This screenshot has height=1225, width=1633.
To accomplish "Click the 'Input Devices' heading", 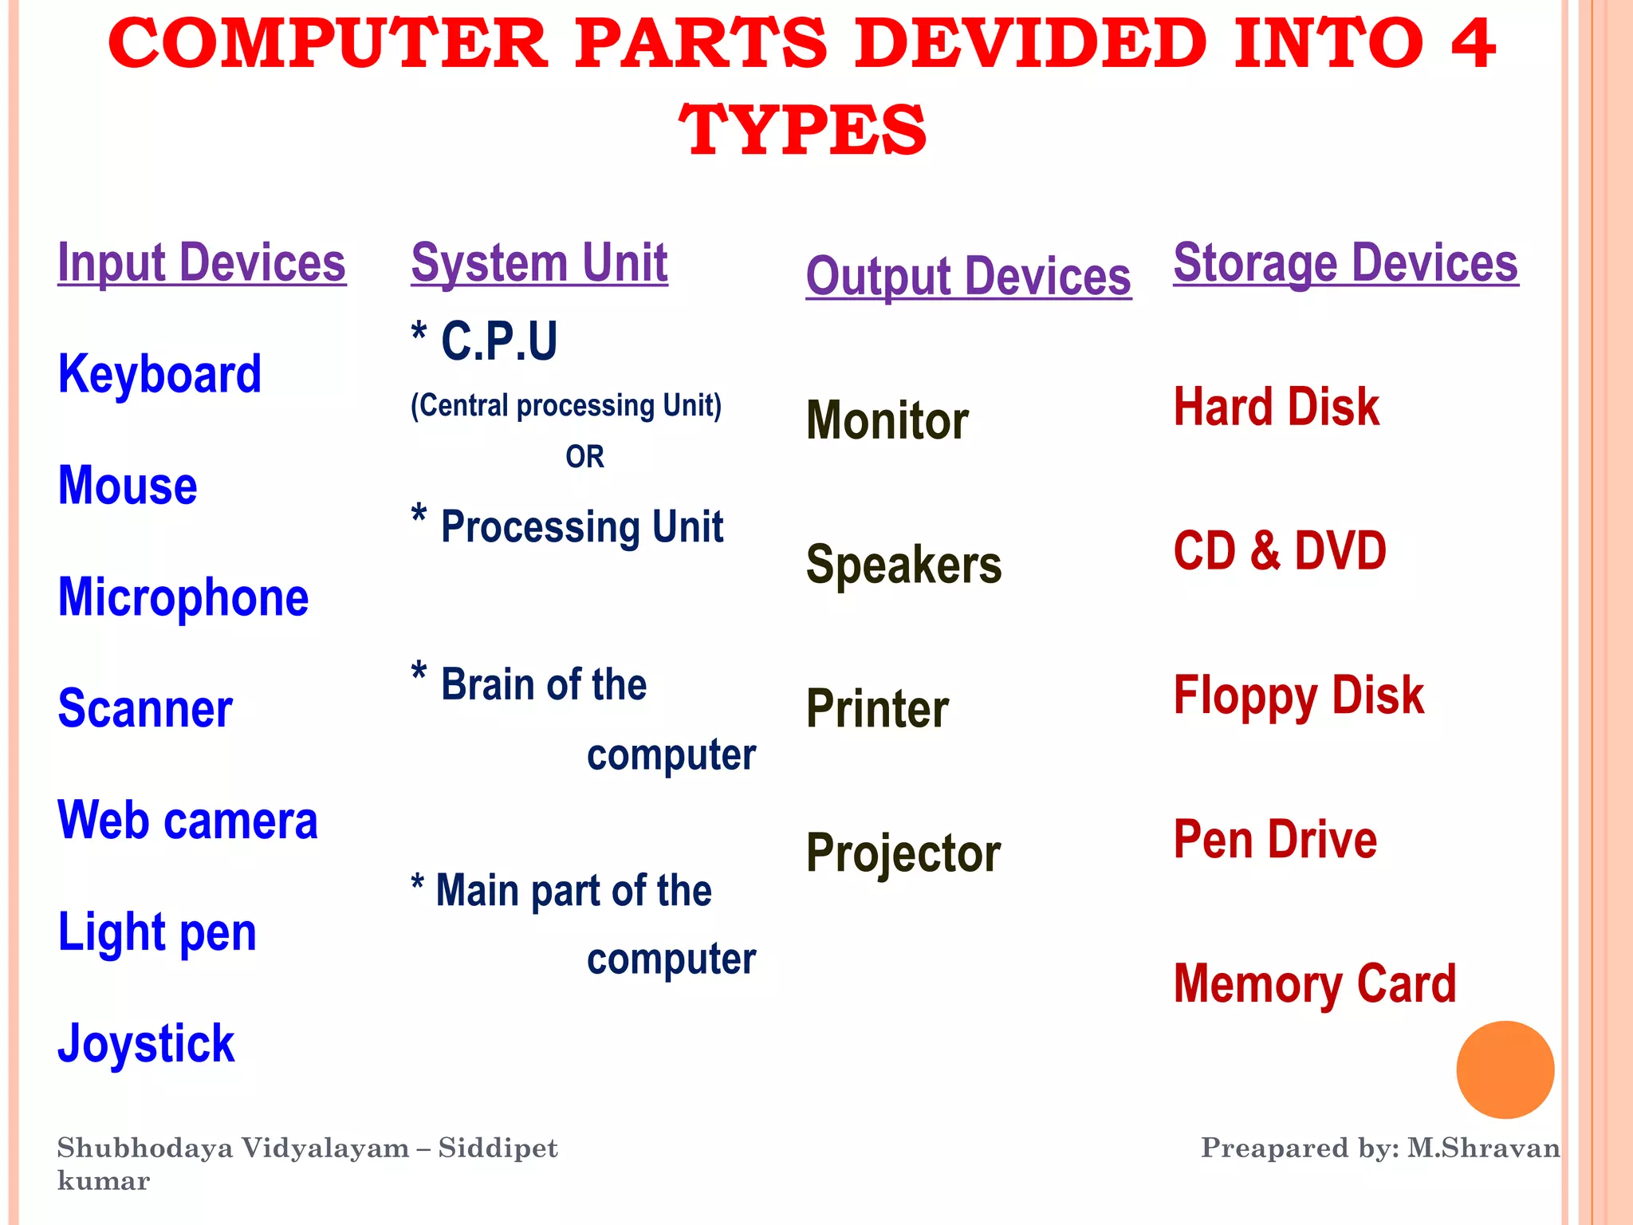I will pyautogui.click(x=202, y=263).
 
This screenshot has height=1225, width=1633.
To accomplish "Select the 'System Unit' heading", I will pyautogui.click(x=539, y=263).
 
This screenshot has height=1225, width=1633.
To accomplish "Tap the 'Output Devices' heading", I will pyautogui.click(x=968, y=277).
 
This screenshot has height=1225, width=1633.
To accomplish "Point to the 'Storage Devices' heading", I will pyautogui.click(x=1346, y=263).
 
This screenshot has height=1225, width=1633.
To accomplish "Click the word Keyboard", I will pyautogui.click(x=159, y=374).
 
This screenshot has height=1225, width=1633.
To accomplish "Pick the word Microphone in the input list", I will pyautogui.click(x=183, y=597).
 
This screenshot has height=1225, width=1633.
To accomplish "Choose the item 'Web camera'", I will pyautogui.click(x=187, y=821).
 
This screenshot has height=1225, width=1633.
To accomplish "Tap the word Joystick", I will pyautogui.click(x=146, y=1044).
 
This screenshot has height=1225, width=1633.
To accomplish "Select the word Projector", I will pyautogui.click(x=903, y=853).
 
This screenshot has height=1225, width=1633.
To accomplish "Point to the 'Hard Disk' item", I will pyautogui.click(x=1276, y=408).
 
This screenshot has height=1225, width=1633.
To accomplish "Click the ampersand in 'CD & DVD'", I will pyautogui.click(x=1265, y=551).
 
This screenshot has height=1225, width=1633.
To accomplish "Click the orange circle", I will pyautogui.click(x=1505, y=1069).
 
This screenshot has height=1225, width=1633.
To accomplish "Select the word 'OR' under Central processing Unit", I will pyautogui.click(x=584, y=457).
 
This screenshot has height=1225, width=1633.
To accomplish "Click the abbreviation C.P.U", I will pyautogui.click(x=499, y=341).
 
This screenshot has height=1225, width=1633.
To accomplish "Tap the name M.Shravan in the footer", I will pyautogui.click(x=1483, y=1148).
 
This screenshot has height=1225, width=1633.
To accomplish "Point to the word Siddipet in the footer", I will pyautogui.click(x=498, y=1148).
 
